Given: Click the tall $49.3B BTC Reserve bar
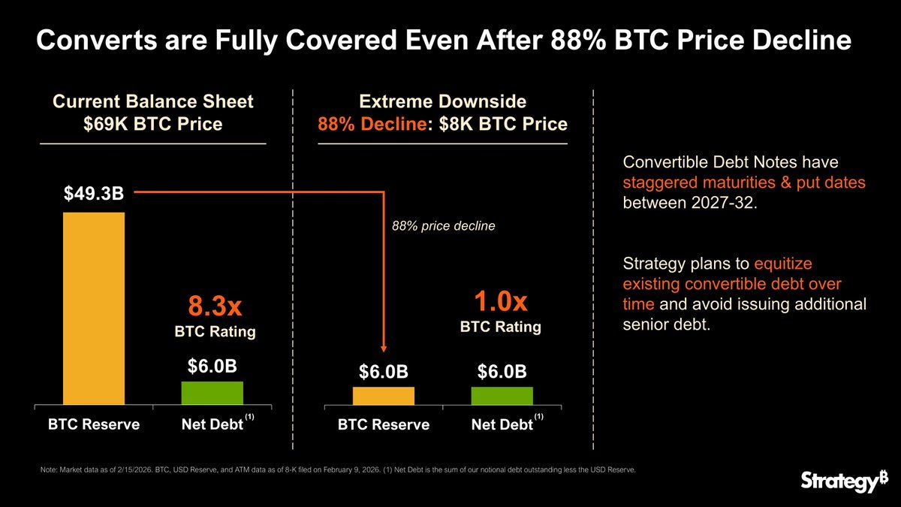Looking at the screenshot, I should click(x=94, y=308).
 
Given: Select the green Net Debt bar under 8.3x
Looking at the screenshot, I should click(x=212, y=393).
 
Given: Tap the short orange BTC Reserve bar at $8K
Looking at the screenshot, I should click(x=383, y=396).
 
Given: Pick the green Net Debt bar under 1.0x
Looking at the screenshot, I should click(x=502, y=396).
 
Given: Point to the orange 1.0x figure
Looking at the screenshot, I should click(x=500, y=302).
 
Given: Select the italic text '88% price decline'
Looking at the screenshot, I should click(x=444, y=225).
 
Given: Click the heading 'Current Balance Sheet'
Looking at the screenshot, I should click(x=152, y=101).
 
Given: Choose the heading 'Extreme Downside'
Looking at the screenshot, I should click(x=442, y=101).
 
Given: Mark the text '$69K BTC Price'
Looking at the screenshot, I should click(x=152, y=124).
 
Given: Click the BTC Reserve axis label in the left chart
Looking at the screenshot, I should click(x=94, y=424).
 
